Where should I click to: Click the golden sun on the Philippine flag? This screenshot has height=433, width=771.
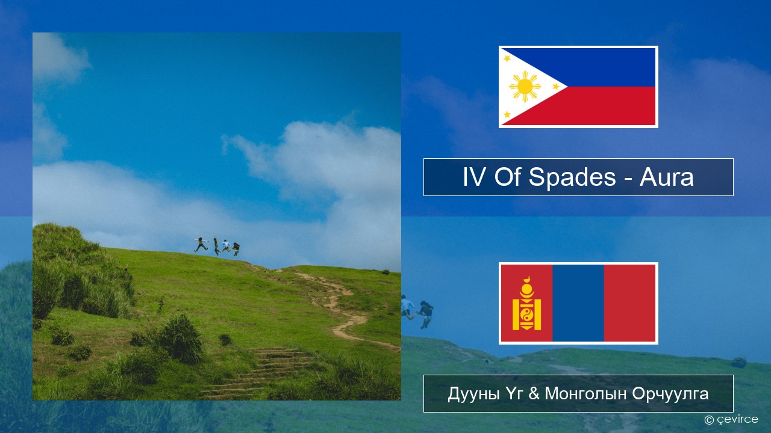[x=525, y=87]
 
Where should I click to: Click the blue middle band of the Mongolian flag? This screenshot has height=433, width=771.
[x=578, y=303]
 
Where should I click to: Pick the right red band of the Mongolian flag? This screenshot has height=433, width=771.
[x=630, y=303]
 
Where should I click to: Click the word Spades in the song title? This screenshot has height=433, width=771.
[x=572, y=177]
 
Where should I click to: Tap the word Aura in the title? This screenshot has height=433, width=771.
[x=666, y=177]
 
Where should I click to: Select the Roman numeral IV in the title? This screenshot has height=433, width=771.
[x=474, y=177]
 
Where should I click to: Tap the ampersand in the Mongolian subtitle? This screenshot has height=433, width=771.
[x=534, y=394]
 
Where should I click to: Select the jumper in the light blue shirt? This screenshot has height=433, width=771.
[x=226, y=246]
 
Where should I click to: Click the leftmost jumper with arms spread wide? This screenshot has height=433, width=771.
[x=201, y=244]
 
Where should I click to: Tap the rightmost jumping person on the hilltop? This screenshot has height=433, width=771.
[x=236, y=249]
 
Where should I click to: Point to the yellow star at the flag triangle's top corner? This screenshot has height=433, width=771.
[x=507, y=58]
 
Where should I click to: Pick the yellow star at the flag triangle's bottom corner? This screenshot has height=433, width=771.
[x=507, y=114]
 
